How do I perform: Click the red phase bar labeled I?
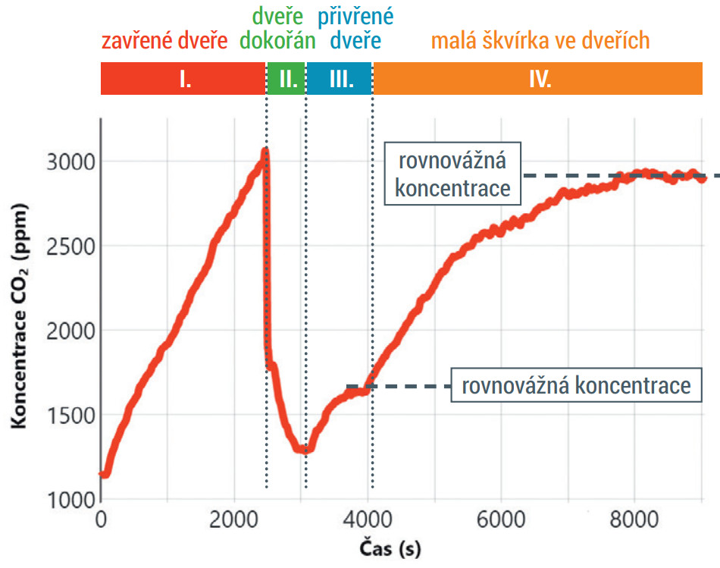(x=183, y=79)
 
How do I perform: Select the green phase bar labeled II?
(x=286, y=79)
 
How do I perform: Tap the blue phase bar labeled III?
(x=339, y=79)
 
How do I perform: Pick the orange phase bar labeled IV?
(x=538, y=79)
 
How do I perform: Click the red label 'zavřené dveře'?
(x=164, y=41)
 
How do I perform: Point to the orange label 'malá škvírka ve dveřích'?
(x=540, y=40)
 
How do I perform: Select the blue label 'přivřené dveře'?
(x=355, y=29)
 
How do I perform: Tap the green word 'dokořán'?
(x=278, y=40)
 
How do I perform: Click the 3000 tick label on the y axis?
(x=70, y=162)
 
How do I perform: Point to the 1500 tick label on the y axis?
(x=70, y=416)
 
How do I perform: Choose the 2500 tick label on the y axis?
(x=70, y=246)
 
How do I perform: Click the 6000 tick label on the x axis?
(x=501, y=519)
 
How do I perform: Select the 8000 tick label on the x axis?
(x=634, y=519)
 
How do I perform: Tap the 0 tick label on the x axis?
(x=101, y=519)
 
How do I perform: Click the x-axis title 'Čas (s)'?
(x=390, y=548)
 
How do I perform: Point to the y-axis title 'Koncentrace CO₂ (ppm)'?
(x=19, y=316)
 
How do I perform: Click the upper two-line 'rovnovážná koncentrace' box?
(x=452, y=174)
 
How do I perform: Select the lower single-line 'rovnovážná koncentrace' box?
(x=576, y=385)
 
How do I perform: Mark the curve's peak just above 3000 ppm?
(x=265, y=151)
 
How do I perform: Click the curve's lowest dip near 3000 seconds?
(x=303, y=450)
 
